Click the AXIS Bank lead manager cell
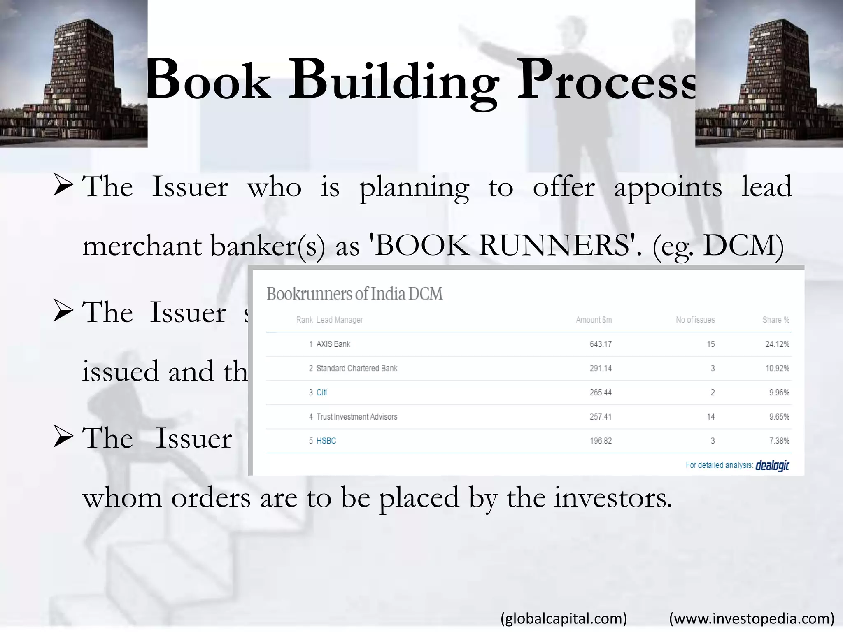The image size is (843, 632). click(333, 344)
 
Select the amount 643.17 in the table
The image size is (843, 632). click(600, 344)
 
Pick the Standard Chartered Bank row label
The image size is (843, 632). click(356, 368)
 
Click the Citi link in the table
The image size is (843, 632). click(321, 393)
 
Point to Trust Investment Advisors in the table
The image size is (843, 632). click(356, 417)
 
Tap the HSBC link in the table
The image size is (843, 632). click(326, 441)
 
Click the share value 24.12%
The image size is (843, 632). click(777, 344)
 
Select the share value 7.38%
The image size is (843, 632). click(779, 441)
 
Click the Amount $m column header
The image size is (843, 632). click(594, 320)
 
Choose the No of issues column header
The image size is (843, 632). click(695, 320)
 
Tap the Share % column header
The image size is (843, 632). click(775, 320)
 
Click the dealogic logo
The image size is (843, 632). click(772, 466)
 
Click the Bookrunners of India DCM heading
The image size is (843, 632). click(354, 294)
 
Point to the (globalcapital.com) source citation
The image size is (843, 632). click(564, 618)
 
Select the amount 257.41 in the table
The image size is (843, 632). click(600, 417)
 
